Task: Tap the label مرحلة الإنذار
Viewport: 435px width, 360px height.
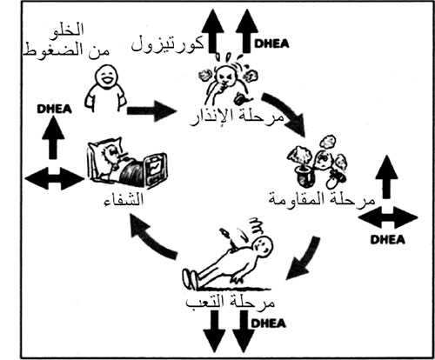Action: coord(237,117)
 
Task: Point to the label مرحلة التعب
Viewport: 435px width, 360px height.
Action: coord(230,302)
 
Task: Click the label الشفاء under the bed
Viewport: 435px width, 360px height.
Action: coord(124,200)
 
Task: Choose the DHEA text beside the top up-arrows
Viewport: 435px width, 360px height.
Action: coord(271,43)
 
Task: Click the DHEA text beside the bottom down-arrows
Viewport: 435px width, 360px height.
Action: coord(268,323)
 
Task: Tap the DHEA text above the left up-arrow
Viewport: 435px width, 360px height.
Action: coord(54,109)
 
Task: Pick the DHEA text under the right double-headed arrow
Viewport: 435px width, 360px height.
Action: coord(388,240)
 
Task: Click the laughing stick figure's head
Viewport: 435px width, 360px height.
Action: coord(105,77)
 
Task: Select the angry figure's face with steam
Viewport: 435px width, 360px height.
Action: coord(225,76)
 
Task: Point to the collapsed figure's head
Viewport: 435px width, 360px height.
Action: coord(264,246)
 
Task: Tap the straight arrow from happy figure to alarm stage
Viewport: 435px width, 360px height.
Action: coord(151,110)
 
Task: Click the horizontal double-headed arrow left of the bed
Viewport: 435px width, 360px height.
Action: coord(55,178)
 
